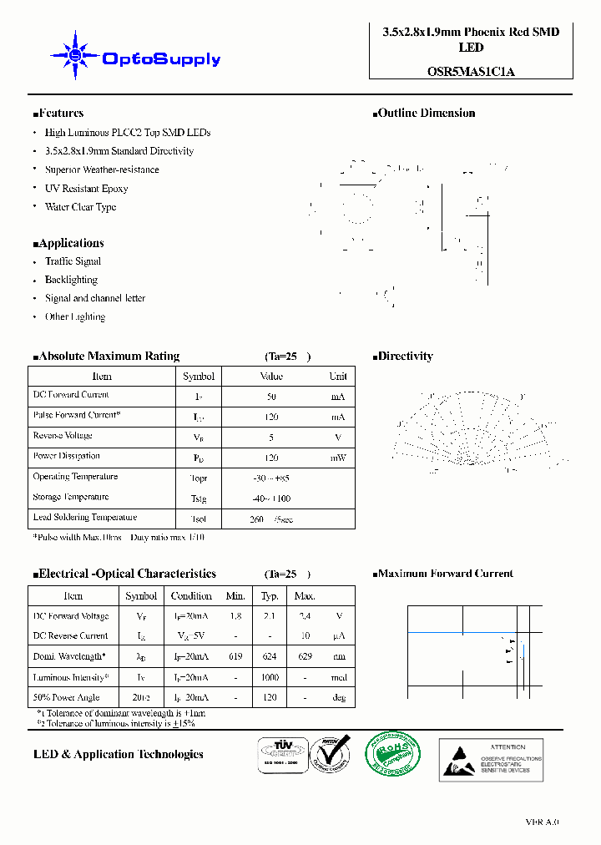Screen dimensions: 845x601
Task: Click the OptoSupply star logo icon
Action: [x=75, y=56]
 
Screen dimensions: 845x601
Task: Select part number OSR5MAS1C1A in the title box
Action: [x=472, y=71]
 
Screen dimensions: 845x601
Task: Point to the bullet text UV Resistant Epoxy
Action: [x=86, y=189]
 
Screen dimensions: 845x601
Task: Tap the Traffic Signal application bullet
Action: [x=73, y=261]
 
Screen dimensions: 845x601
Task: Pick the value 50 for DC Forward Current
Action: [x=271, y=397]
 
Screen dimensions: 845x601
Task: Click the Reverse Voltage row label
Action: [x=63, y=436]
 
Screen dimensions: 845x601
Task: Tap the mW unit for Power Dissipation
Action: [x=337, y=458]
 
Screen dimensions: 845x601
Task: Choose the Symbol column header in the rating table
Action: [x=199, y=377]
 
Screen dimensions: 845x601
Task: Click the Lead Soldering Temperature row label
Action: [x=84, y=518]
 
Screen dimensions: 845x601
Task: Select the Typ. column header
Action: [x=270, y=596]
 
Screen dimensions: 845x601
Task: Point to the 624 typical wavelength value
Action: [x=270, y=657]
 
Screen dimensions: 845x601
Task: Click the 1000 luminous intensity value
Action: [x=270, y=678]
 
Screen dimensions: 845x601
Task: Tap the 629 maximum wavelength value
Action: [x=305, y=657]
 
